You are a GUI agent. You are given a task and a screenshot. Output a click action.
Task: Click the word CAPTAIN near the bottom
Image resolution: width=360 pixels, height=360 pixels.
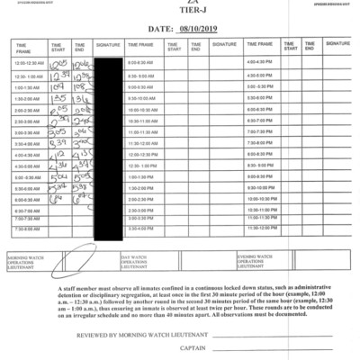[192, 348]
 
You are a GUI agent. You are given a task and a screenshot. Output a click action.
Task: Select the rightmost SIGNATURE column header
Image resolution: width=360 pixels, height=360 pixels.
[337, 43]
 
